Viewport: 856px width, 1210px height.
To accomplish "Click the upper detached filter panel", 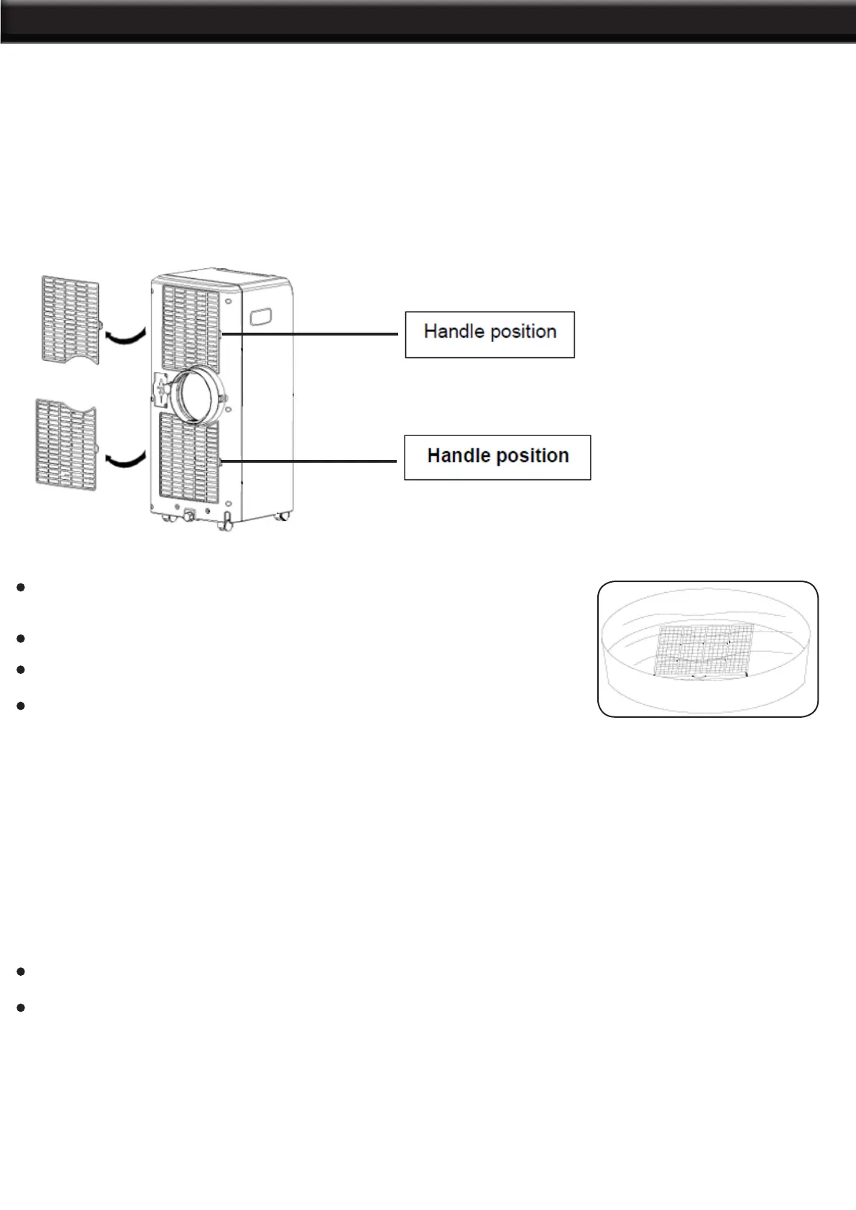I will [x=70, y=318].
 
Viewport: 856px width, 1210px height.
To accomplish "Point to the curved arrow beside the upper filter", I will [x=125, y=334].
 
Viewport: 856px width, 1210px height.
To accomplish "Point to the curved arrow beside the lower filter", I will [x=125, y=458].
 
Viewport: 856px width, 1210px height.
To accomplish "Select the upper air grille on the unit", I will [x=190, y=328].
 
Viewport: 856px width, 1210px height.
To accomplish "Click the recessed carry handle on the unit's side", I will [x=262, y=316].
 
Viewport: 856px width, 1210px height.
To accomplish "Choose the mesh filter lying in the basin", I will [x=703, y=650].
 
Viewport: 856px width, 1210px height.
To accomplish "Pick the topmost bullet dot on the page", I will [x=22, y=587].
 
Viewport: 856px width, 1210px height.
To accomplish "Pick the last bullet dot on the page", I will [x=22, y=1007].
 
